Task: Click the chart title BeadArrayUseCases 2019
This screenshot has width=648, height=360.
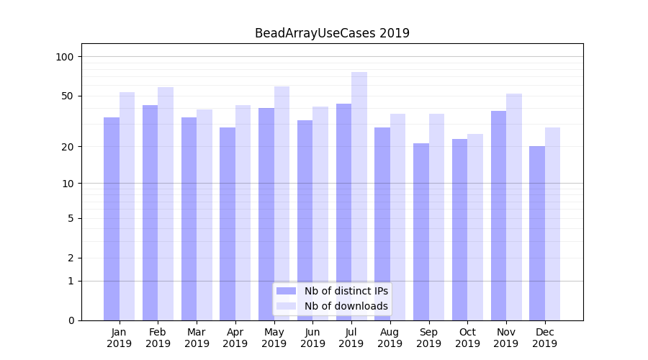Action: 332,33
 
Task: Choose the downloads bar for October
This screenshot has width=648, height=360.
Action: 475,227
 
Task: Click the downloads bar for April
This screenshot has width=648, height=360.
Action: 243,212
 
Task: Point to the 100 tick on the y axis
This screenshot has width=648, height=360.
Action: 65,57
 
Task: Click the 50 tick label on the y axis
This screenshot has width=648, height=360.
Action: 67,96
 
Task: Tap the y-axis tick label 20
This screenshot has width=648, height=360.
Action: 67,147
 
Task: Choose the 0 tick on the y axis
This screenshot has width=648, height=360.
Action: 71,320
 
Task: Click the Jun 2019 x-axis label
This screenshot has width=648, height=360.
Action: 312,338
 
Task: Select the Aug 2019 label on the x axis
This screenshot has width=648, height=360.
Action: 390,338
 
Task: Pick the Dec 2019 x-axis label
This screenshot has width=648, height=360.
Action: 544,338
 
